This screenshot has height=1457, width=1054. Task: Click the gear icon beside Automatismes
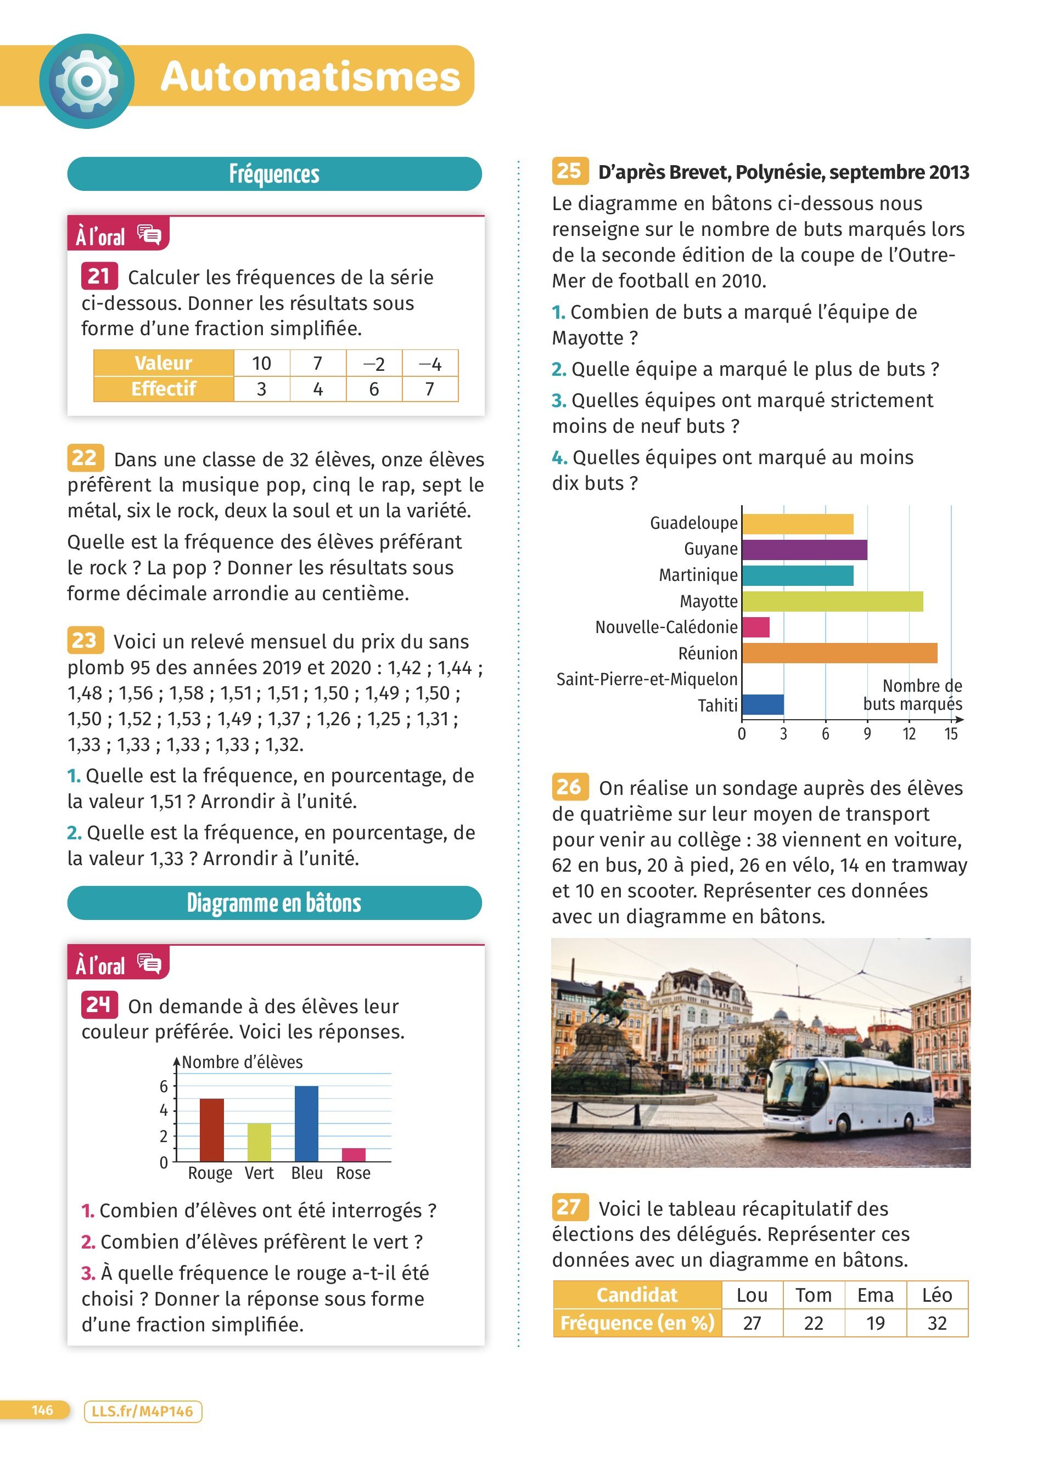coord(87,81)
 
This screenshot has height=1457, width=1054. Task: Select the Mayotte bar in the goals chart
coord(832,601)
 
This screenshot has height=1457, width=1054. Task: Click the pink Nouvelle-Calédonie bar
coord(756,627)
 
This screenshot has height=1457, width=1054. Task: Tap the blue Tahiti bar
coord(763,705)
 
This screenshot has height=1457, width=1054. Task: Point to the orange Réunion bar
coord(839,653)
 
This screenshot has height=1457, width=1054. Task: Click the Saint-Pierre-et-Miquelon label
coord(647,679)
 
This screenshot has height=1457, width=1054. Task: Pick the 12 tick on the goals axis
coord(909,733)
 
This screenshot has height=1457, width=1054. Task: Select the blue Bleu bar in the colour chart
coord(306,1123)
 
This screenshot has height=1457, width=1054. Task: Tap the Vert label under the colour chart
coord(259,1173)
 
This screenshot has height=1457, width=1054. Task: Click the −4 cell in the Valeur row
coord(430,364)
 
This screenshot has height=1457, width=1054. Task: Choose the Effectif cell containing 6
coord(374,389)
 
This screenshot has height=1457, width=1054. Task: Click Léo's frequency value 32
coord(937,1323)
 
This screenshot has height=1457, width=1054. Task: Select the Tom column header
coord(814,1295)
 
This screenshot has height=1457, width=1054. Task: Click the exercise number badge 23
coord(84,641)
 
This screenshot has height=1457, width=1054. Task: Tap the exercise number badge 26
coord(569,787)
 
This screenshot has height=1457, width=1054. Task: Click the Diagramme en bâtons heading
coord(274,902)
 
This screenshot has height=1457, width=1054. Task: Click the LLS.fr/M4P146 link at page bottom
coord(143,1411)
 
